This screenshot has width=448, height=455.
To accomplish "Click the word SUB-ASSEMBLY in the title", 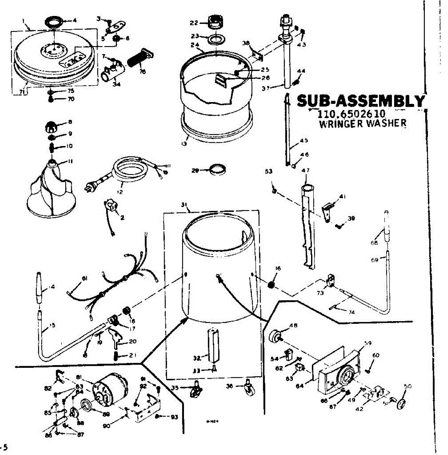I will (x=360, y=101).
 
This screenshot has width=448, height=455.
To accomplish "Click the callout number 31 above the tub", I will (x=185, y=205).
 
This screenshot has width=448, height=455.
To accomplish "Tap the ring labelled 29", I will (x=217, y=169).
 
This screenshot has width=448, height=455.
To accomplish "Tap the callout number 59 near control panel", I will (x=368, y=344).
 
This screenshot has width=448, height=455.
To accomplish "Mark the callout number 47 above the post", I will (x=305, y=171).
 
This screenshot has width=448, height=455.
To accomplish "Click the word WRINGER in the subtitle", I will (x=340, y=124).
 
